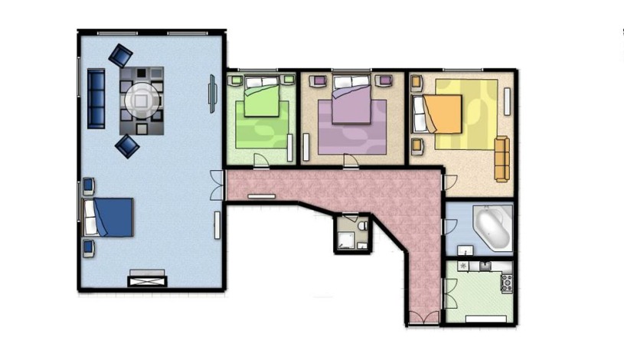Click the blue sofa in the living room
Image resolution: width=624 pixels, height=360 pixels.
[x=96, y=98]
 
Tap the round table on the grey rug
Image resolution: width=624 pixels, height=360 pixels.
[x=142, y=100]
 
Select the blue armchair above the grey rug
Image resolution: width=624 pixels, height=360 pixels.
[x=120, y=56]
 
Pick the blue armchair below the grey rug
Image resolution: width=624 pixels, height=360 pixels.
[x=126, y=146]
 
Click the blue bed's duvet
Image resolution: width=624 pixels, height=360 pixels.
[x=115, y=217]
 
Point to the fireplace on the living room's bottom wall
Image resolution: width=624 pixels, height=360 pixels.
[x=147, y=279]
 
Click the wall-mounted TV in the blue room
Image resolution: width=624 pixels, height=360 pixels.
[x=213, y=94]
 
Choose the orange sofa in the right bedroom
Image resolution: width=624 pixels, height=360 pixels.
[x=501, y=159]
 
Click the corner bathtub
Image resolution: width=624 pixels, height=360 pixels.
[x=493, y=227]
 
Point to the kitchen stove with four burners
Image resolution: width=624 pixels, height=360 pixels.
[x=505, y=283]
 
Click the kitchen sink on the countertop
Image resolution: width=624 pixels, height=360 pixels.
[x=485, y=265]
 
